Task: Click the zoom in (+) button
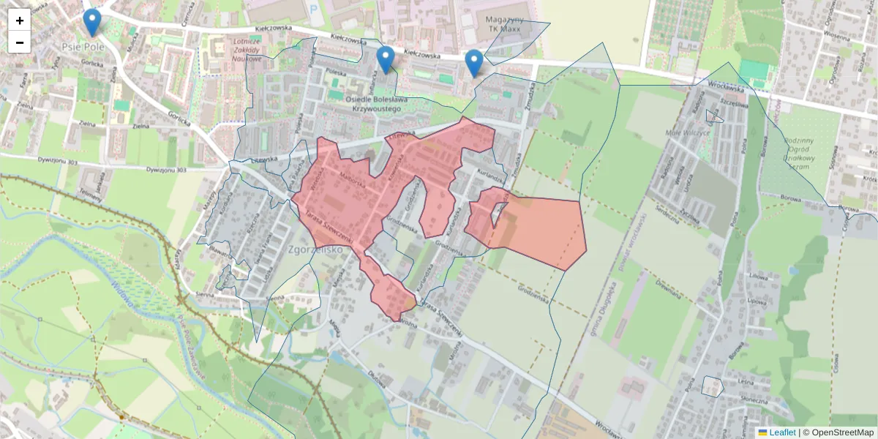(x=20, y=20)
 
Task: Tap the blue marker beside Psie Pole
(x=91, y=23)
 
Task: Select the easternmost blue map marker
(x=474, y=63)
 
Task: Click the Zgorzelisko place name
(x=315, y=249)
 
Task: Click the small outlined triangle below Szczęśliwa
(x=713, y=116)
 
